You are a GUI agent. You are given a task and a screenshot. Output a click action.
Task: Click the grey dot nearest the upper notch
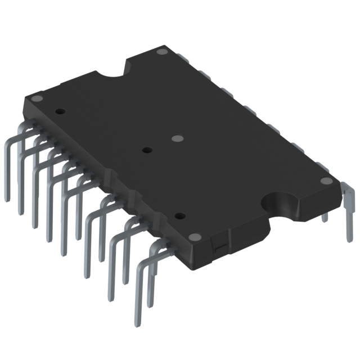click(163, 52)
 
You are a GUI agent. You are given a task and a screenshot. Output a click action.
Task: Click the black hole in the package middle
click(147, 150)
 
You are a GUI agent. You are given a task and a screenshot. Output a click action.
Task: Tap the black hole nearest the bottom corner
click(179, 215)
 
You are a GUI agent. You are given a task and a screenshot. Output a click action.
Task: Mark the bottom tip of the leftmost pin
click(7, 198)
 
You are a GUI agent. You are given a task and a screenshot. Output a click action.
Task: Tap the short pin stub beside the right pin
click(325, 217)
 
